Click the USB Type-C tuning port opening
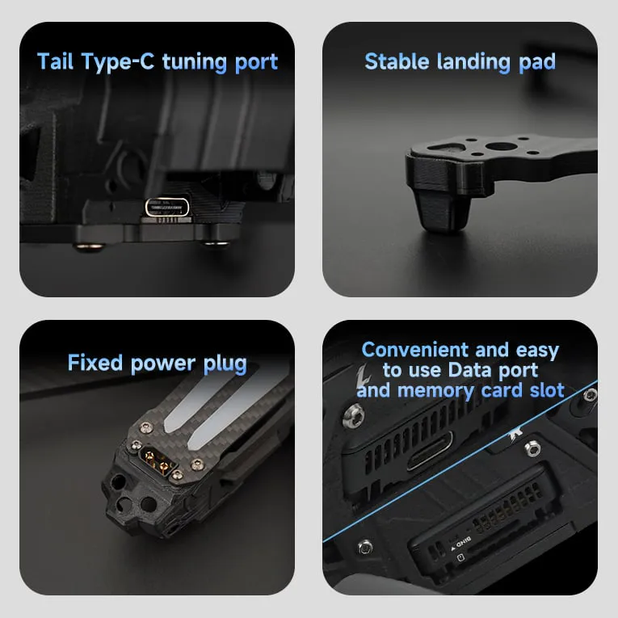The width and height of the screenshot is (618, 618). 167,208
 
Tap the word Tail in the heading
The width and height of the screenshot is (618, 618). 55,62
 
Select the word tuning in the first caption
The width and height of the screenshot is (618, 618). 195,62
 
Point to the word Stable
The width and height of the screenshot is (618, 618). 397,61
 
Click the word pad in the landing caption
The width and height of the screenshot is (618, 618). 537,62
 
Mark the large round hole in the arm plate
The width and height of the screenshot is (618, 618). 498,146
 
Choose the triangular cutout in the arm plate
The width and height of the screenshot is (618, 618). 444,146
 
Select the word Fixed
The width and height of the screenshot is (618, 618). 95,363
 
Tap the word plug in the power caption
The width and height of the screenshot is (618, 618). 225,364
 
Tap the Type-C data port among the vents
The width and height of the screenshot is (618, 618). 430,451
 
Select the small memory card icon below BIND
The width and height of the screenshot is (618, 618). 460,557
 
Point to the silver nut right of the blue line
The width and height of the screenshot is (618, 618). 532,448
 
